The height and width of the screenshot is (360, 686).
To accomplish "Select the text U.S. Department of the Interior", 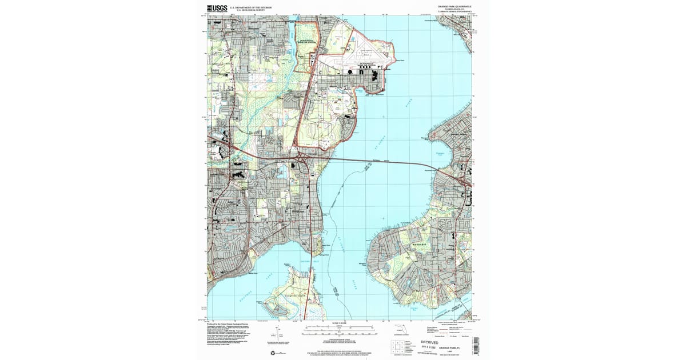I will pyautogui.click(x=251, y=7).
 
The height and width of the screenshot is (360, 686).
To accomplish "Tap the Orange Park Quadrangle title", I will pyautogui.click(x=454, y=6).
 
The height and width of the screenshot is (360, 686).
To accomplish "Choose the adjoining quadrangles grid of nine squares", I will pyautogui.click(x=394, y=346).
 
